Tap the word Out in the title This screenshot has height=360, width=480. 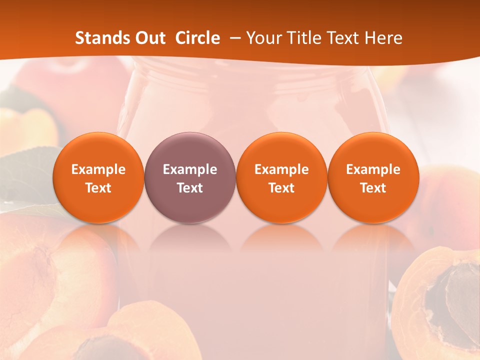149,38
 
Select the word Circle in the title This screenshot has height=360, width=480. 197,38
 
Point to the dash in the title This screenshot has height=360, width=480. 233,38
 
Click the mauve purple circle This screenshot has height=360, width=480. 189,177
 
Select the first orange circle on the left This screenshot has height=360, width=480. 98,177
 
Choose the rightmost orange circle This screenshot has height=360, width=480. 373,177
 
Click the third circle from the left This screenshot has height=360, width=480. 281,177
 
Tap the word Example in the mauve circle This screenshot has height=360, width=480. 189,169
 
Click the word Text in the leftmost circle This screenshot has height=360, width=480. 98,187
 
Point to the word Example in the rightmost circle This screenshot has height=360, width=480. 373,169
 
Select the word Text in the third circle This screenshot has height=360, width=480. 281,187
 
